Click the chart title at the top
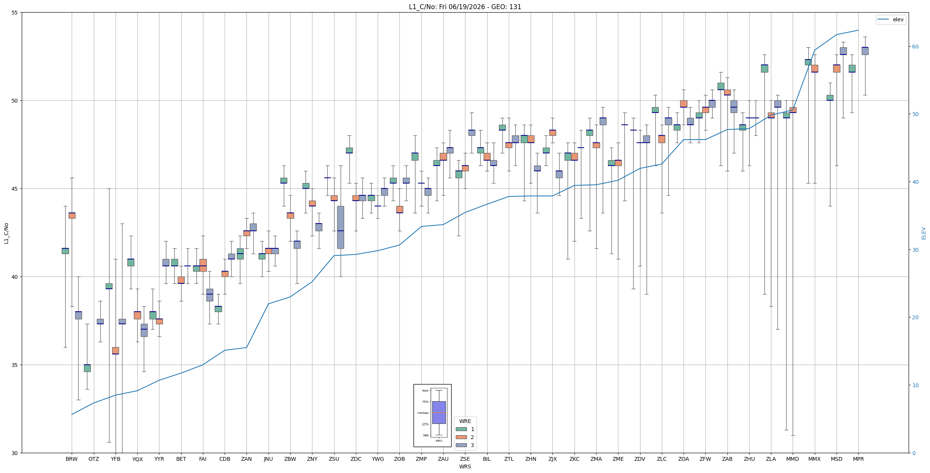pyautogui.click(x=465, y=7)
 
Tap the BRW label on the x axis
pyautogui.click(x=72, y=459)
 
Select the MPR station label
pyautogui.click(x=858, y=459)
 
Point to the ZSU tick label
pyautogui.click(x=334, y=459)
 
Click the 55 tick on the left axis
pyautogui.click(x=15, y=13)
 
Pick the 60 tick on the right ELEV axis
pyautogui.click(x=915, y=47)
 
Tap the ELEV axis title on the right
pyautogui.click(x=924, y=233)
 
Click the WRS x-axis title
pyautogui.click(x=465, y=467)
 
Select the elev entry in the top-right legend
pyautogui.click(x=890, y=19)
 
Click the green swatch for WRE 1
pyautogui.click(x=461, y=429)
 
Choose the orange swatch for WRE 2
pyautogui.click(x=461, y=437)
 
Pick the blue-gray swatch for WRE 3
pyautogui.click(x=461, y=445)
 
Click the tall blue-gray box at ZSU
pyautogui.click(x=340, y=227)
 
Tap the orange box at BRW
pyautogui.click(x=72, y=216)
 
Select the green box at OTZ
pyautogui.click(x=87, y=368)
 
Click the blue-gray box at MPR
pyautogui.click(x=865, y=51)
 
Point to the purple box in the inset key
pyautogui.click(x=439, y=412)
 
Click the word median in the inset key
pyautogui.click(x=423, y=413)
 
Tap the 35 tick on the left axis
pyautogui.click(x=15, y=365)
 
